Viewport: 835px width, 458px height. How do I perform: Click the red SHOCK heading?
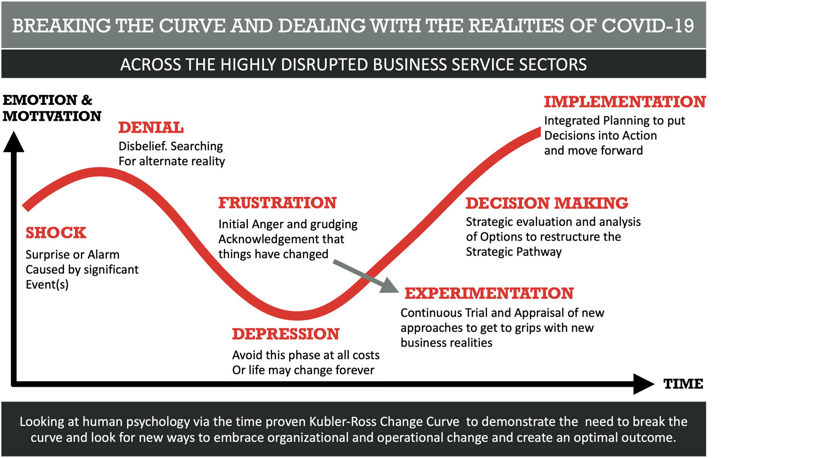56,233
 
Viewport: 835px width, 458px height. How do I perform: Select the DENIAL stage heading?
151,128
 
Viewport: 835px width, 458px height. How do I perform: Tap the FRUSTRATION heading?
278,203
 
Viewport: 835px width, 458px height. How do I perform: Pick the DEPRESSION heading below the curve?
286,334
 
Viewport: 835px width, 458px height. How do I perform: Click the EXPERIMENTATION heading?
489,294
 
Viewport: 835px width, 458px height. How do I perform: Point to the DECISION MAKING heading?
547,204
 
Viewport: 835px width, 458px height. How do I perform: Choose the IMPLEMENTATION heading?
625,102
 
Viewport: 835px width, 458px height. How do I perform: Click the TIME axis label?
683,384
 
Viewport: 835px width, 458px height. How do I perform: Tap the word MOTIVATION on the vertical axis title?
52,116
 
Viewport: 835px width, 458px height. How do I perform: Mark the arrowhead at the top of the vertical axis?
14,142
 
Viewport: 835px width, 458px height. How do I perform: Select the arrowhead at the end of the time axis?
644,384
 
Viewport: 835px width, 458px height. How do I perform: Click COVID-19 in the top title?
648,26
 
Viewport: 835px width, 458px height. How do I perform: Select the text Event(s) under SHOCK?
47,285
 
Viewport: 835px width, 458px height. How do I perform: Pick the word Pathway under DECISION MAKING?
539,252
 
